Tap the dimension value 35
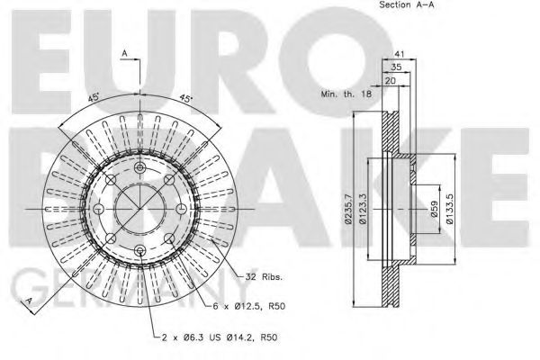pyautogui.click(x=396, y=67)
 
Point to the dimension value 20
pyautogui.click(x=390, y=80)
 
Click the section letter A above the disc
pyautogui.click(x=123, y=55)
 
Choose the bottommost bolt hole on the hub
pyautogui.click(x=139, y=249)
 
